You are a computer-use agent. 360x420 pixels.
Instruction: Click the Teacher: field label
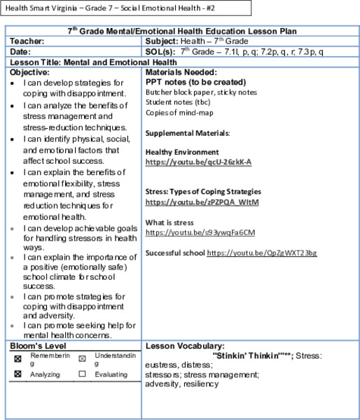click(x=26, y=41)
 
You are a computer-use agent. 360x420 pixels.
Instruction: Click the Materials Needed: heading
click(x=181, y=71)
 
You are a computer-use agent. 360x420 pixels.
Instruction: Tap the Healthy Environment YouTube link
click(x=198, y=162)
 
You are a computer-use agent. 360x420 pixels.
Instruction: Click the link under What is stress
click(x=200, y=232)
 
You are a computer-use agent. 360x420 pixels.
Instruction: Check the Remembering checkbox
click(x=18, y=358)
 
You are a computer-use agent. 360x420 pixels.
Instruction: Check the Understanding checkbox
click(x=81, y=358)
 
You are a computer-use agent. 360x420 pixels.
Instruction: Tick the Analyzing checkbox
click(x=18, y=374)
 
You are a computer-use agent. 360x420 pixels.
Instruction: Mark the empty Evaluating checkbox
click(x=81, y=374)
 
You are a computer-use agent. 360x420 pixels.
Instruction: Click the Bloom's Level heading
click(x=35, y=346)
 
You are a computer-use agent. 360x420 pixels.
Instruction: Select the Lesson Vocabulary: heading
click(x=184, y=346)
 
